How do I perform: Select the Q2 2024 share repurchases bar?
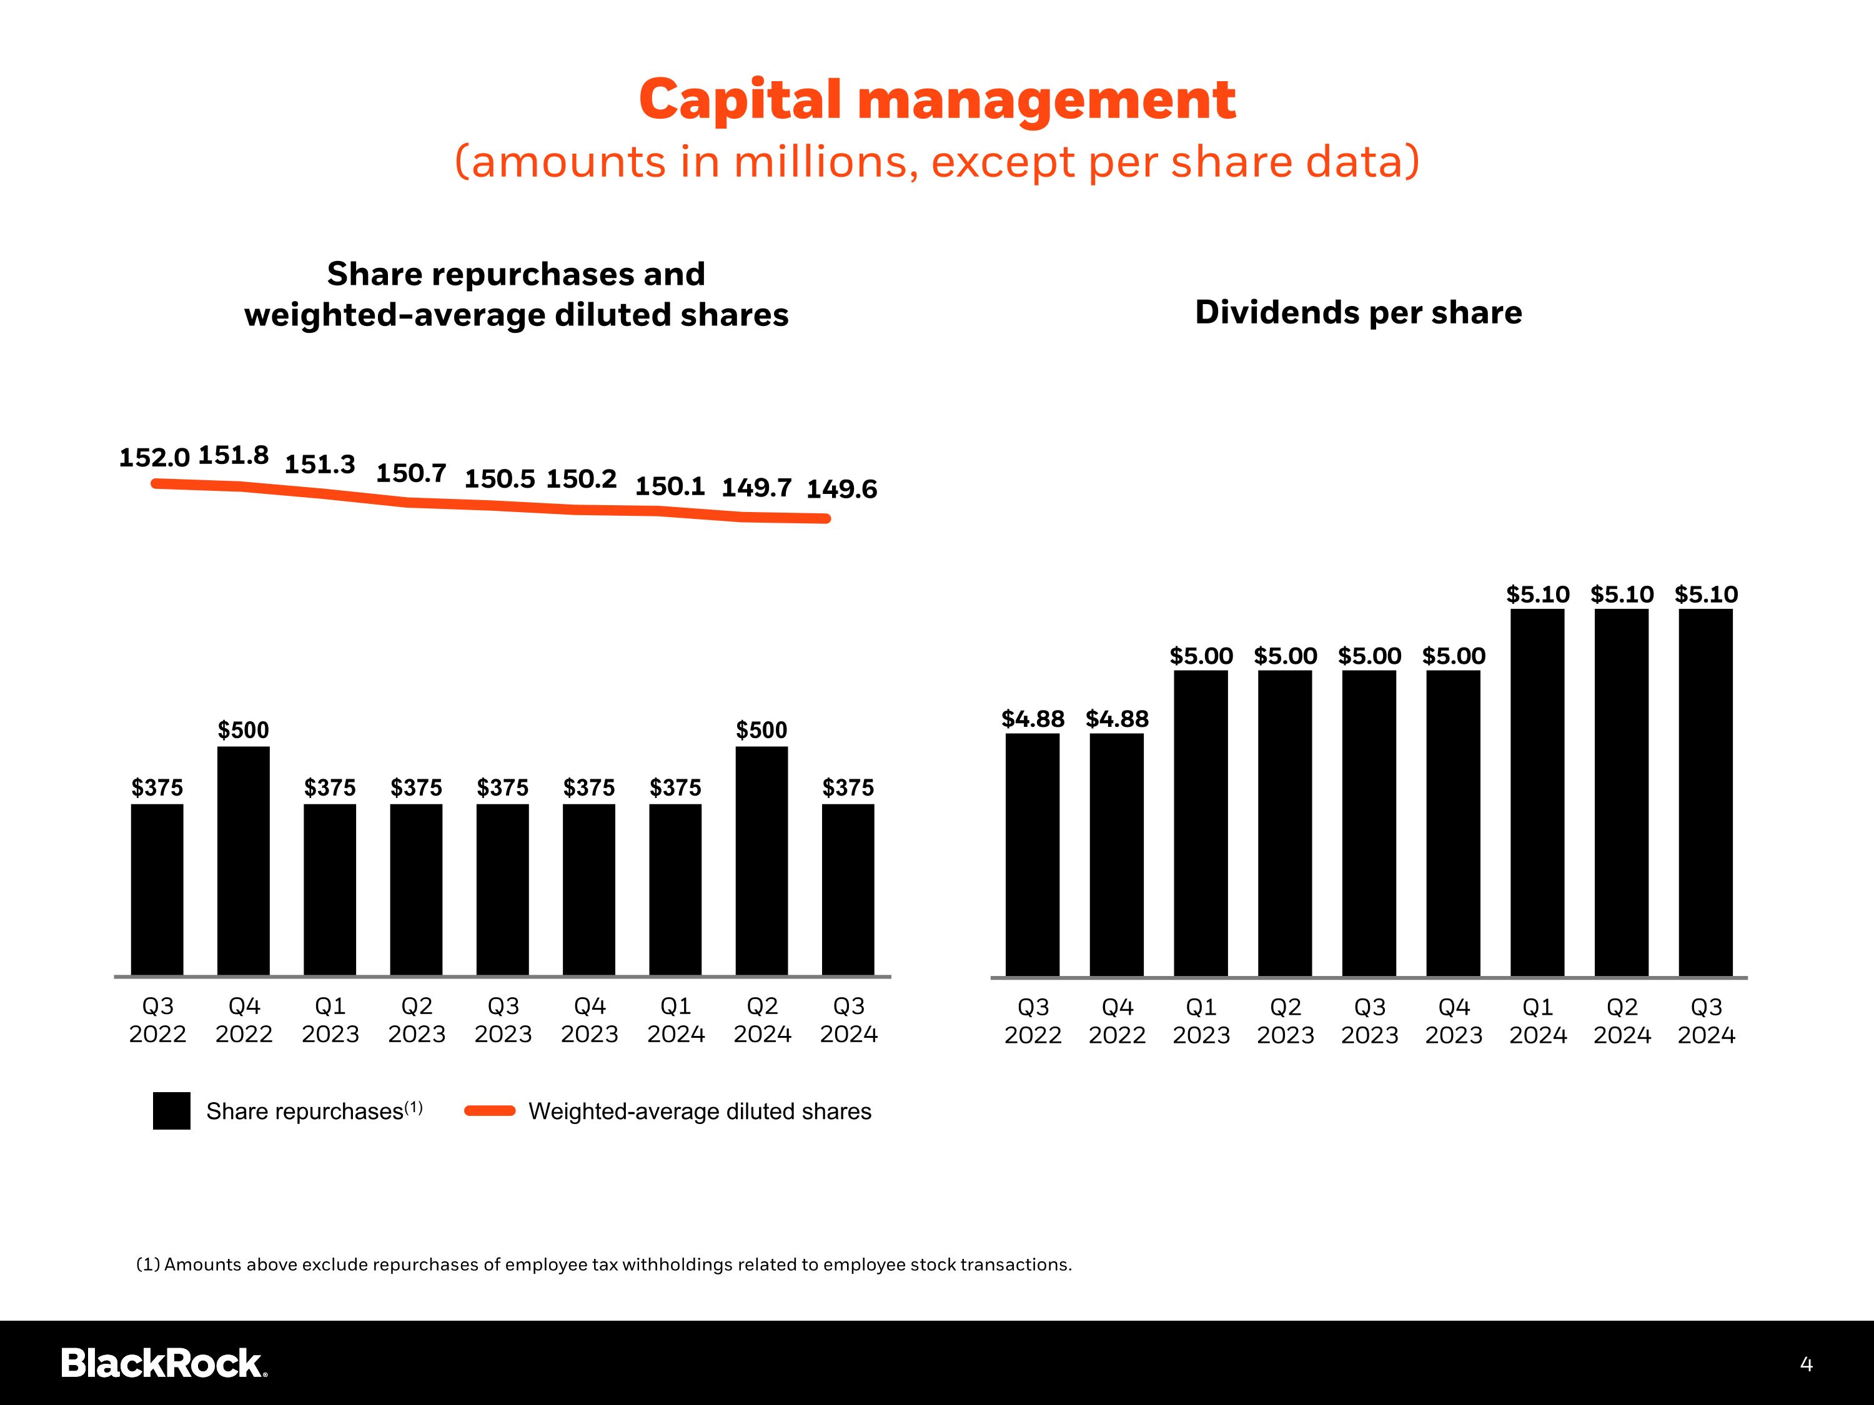pos(761,860)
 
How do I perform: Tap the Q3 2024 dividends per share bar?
pos(1705,792)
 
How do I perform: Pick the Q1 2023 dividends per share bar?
pos(1201,823)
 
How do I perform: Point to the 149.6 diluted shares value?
pos(841,490)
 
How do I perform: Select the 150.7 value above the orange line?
pos(411,473)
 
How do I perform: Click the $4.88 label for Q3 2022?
pos(1033,719)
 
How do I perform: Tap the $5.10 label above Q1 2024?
pos(1538,594)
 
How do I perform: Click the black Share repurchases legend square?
pos(172,1111)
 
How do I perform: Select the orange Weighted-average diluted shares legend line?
pos(490,1111)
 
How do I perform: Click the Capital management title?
pos(937,100)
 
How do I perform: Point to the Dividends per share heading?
pos(1358,312)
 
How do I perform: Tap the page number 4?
pos(1807,1364)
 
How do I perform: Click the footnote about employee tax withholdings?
pos(604,1264)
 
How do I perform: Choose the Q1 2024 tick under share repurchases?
pos(675,1020)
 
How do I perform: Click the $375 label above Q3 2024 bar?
pos(848,787)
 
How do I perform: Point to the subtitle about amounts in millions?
pos(937,162)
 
